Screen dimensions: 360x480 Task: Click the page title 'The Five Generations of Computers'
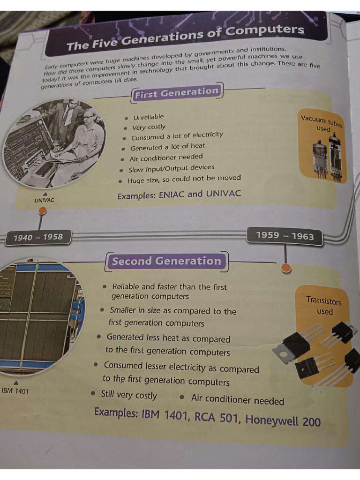coord(185,37)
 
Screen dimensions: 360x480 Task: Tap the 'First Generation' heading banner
coord(177,92)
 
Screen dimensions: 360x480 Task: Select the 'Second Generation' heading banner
coord(166,261)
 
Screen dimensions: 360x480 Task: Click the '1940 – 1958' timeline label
coord(38,237)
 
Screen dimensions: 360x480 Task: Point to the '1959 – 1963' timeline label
coord(285,236)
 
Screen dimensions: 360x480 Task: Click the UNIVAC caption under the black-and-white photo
coord(45,200)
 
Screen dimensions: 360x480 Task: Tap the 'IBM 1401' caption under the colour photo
coord(15,391)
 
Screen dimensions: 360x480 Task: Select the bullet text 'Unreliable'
coord(149,117)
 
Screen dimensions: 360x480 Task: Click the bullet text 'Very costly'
coord(149,127)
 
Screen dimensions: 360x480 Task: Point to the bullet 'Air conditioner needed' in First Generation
coord(166,158)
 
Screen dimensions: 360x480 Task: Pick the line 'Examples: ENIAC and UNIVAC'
coord(179,195)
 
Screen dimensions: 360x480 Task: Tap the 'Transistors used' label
coord(324,306)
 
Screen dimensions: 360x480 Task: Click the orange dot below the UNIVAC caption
coord(42,210)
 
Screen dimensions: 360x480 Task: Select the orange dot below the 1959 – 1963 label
coord(286,268)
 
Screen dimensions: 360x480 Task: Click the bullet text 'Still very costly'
coord(129,395)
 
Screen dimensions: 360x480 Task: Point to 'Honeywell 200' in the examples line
coord(283,420)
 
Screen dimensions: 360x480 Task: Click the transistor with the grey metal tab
coord(291,348)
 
